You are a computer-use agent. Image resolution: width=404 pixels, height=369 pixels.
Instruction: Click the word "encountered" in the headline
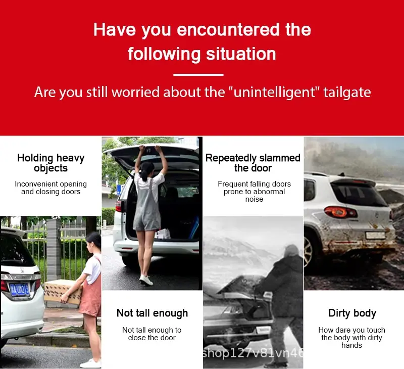click(228, 29)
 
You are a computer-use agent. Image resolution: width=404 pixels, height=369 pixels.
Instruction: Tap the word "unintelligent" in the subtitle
click(274, 92)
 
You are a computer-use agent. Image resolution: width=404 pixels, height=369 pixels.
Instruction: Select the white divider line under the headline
click(198, 75)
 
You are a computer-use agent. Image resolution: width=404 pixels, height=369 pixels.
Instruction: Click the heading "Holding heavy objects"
click(51, 163)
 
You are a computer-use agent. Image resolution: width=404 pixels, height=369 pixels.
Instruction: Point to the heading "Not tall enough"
click(153, 313)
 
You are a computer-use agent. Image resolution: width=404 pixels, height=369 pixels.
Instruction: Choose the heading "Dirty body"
click(352, 313)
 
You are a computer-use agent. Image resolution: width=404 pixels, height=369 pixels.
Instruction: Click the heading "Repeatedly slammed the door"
click(253, 163)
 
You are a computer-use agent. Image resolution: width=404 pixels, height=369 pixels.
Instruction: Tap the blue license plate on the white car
click(20, 290)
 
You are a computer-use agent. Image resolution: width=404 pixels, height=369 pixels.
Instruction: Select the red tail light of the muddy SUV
click(340, 212)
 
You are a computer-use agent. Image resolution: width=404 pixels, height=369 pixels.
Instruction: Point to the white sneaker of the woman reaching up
click(146, 281)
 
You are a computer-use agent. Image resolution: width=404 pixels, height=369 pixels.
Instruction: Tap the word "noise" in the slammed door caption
click(254, 199)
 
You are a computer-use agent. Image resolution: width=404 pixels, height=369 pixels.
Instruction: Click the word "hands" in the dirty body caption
click(351, 345)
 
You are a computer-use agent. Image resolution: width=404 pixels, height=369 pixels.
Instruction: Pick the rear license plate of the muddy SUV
click(376, 235)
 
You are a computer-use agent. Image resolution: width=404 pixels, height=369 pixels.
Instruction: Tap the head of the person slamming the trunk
click(291, 251)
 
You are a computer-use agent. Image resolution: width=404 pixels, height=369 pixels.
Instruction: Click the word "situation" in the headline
click(241, 54)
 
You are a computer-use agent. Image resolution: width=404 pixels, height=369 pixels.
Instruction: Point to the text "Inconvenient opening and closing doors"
click(51, 188)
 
